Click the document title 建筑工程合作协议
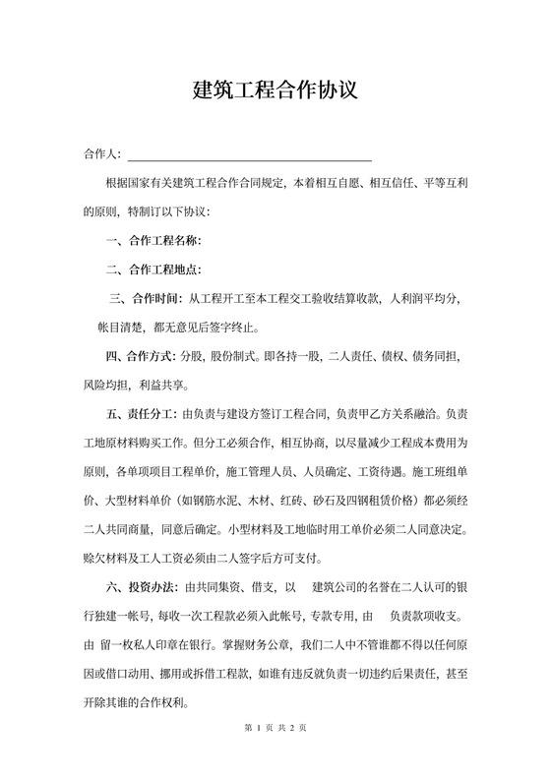tap(275, 91)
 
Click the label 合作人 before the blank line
tap(101, 154)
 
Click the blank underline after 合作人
tap(250, 155)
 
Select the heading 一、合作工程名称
tap(153, 240)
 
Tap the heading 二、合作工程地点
tap(153, 269)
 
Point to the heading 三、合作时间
tap(147, 297)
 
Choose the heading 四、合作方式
tap(146, 354)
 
